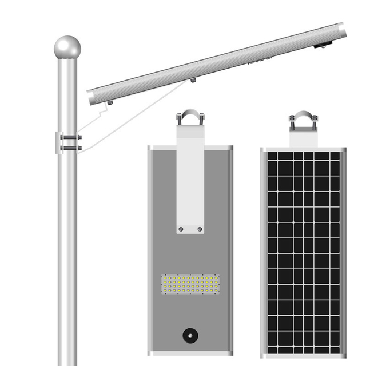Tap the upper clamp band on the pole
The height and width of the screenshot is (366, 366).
(70, 137)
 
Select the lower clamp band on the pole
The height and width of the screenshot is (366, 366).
(70, 148)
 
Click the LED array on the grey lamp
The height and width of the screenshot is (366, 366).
(190, 284)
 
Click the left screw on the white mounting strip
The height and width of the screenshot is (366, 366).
(181, 229)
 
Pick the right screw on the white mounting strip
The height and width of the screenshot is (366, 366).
(200, 229)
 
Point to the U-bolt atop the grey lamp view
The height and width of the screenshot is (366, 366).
(190, 117)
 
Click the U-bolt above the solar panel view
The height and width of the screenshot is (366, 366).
(303, 119)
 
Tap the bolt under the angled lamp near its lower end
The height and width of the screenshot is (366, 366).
(109, 103)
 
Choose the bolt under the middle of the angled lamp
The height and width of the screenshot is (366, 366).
(193, 80)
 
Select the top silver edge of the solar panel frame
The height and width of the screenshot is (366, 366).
(303, 150)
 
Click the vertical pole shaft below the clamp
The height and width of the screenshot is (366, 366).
(67, 257)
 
